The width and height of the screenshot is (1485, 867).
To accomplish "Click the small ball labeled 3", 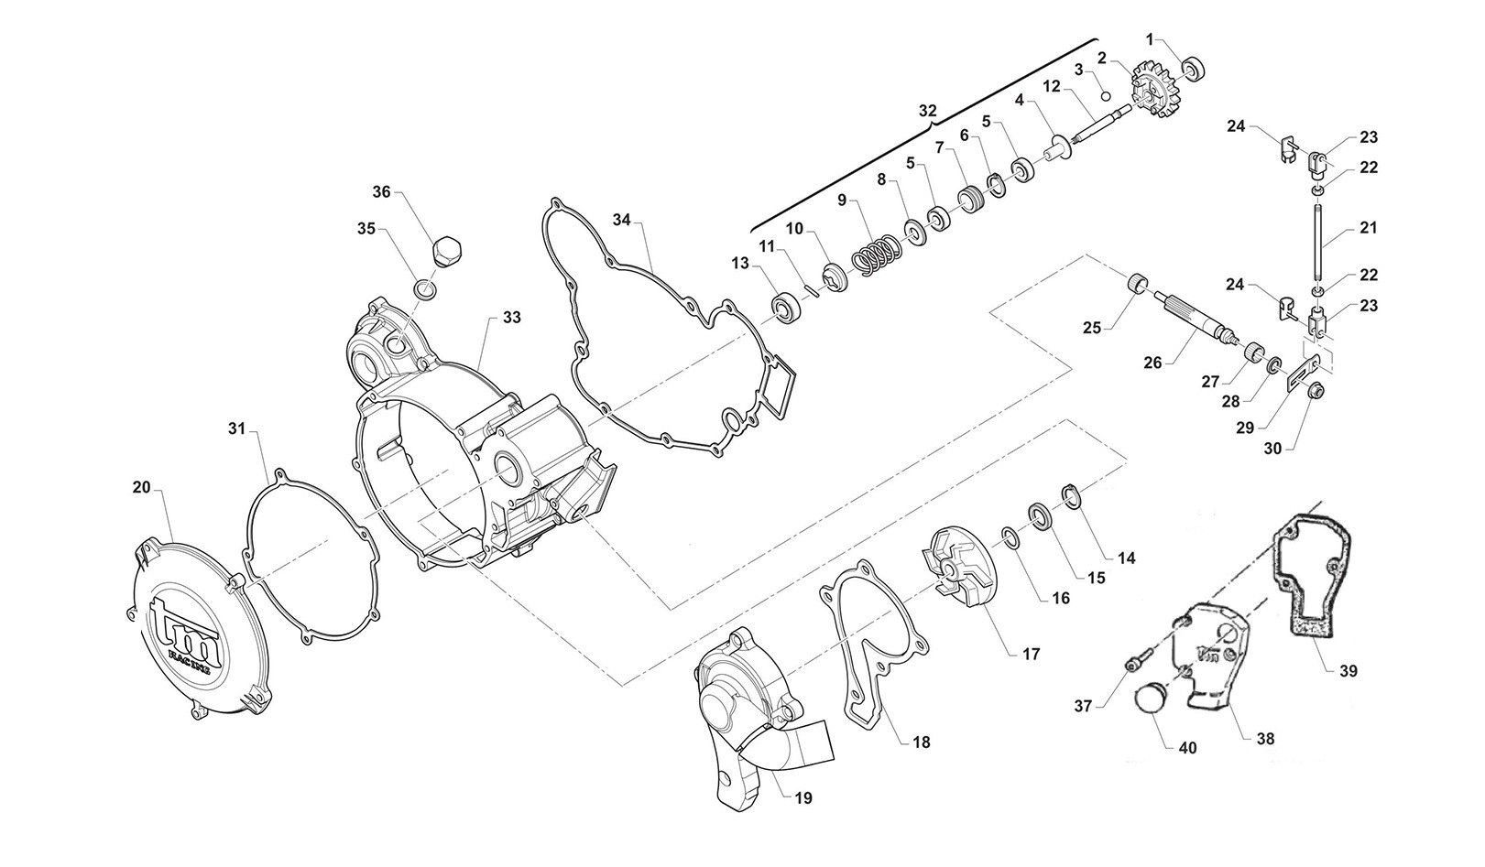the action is pos(1105,97).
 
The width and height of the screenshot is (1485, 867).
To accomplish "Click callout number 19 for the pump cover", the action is pos(803,798).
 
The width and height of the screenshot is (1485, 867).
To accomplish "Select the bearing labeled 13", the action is pos(786,308).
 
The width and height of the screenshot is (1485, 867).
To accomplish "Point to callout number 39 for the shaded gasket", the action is pos(1348,671).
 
